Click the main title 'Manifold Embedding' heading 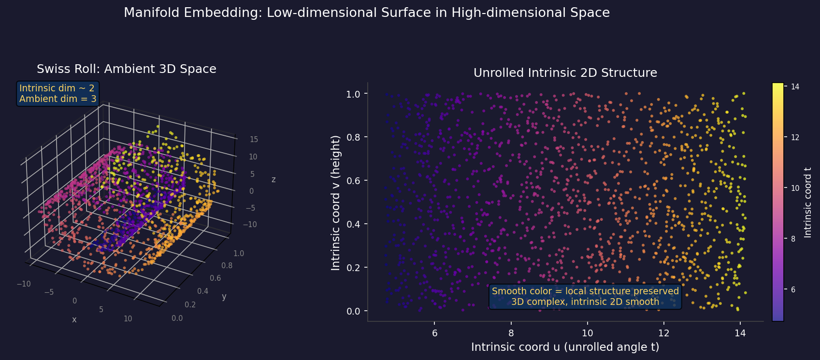coord(366,13)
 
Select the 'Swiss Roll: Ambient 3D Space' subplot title coord(126,69)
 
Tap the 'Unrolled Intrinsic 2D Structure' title coord(565,73)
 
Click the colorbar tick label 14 coord(795,86)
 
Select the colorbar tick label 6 coord(793,289)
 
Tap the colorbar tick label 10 coord(795,188)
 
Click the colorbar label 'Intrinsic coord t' coord(807,202)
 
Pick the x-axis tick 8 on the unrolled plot coord(511,333)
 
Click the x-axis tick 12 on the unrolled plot coord(663,333)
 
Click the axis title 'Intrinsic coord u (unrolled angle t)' coord(565,347)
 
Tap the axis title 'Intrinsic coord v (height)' coord(336,202)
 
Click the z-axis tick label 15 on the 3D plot coord(253,140)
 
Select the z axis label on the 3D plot coord(273,180)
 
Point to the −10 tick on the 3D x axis coord(24,284)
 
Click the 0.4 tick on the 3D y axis coord(202,291)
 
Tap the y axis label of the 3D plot coord(224,297)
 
